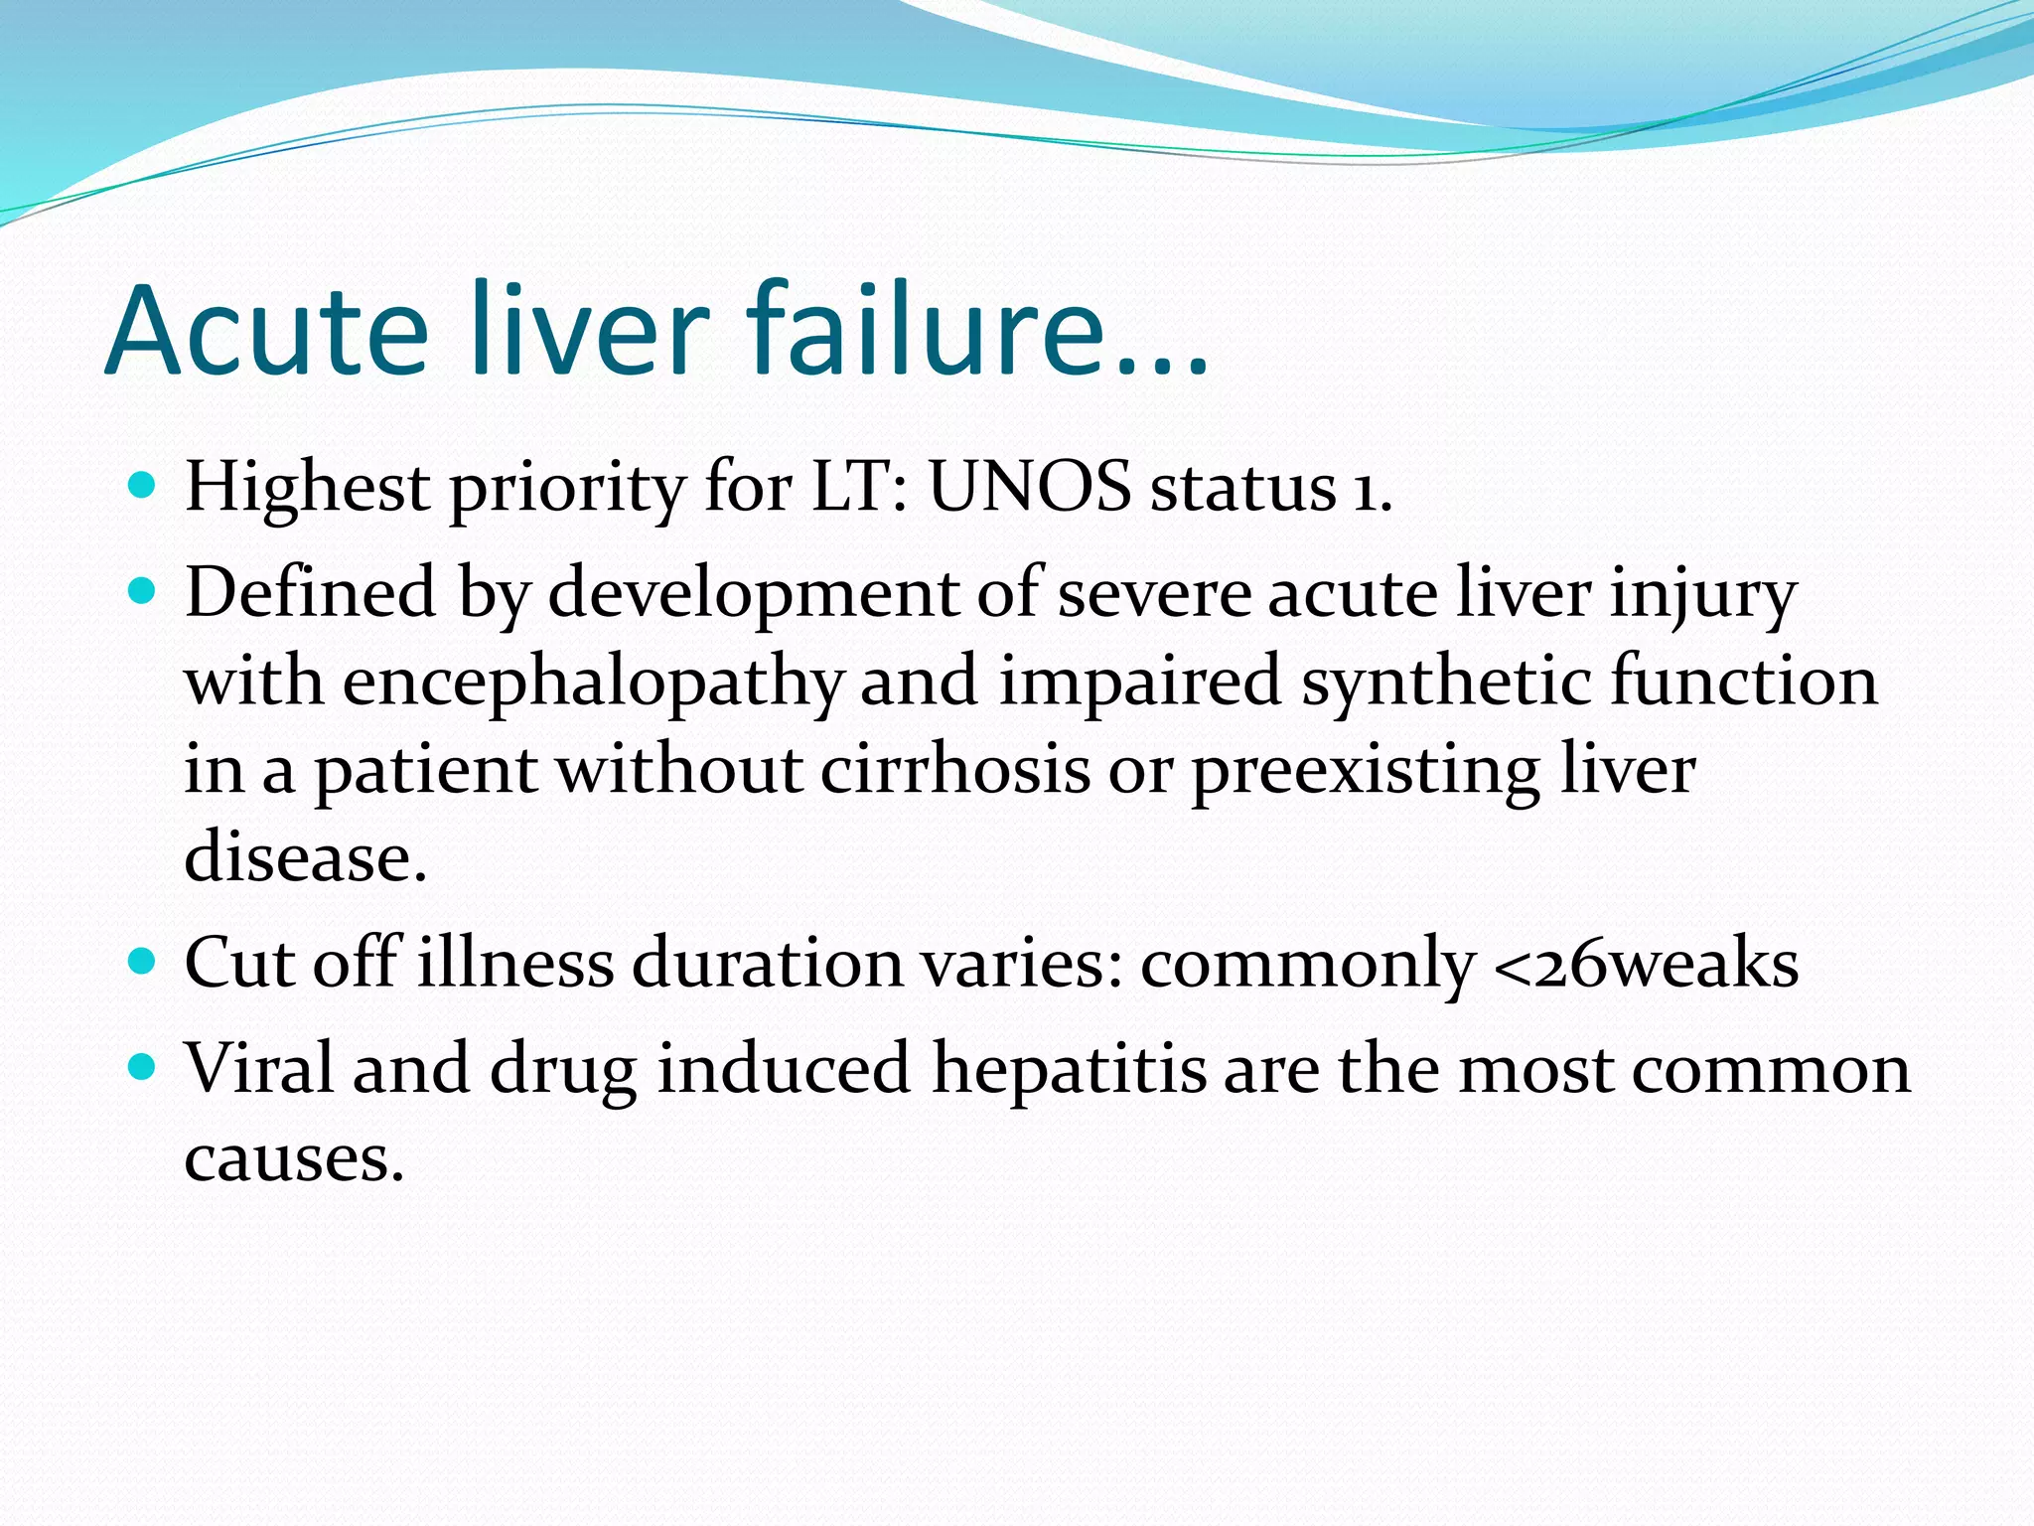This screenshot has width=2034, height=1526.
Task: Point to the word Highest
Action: pos(308,488)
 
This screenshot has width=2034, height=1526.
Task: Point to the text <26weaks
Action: pos(1645,964)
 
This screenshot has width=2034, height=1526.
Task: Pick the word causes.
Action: pos(294,1157)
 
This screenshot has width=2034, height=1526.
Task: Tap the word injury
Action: pos(1702,594)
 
